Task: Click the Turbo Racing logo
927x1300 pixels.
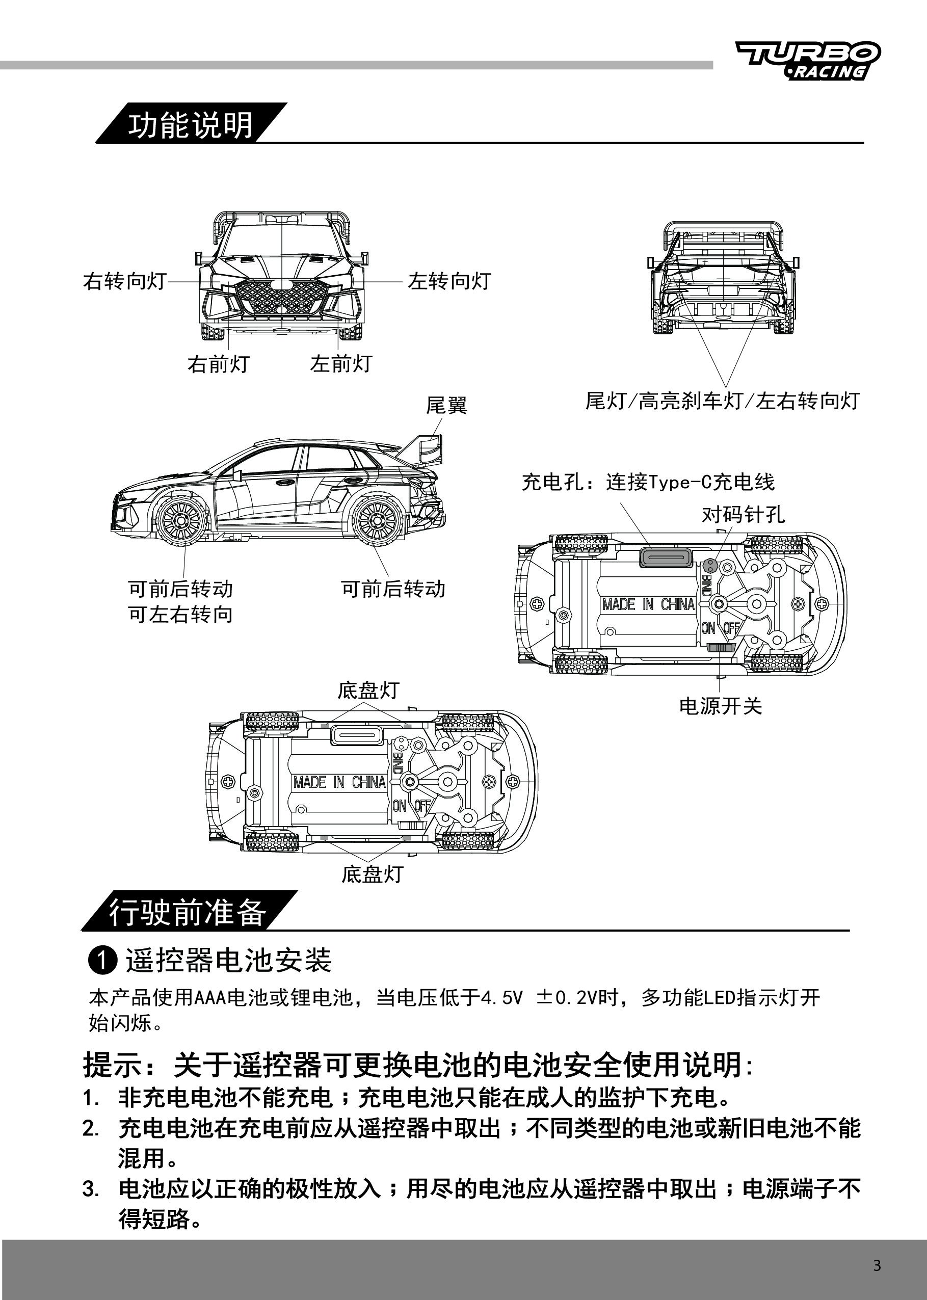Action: coord(808,61)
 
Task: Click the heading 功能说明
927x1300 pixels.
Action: coord(190,125)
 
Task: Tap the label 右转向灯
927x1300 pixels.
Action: coord(124,281)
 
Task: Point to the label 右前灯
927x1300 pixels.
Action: coord(219,363)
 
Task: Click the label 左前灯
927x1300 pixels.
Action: coord(341,363)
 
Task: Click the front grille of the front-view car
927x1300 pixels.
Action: coord(282,297)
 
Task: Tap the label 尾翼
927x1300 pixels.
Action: coord(446,405)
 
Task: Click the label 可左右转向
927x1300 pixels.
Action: coord(180,615)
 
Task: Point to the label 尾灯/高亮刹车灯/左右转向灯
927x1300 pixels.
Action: coord(723,401)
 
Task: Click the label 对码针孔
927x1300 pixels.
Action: coord(743,515)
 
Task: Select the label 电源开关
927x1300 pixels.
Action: coord(721,706)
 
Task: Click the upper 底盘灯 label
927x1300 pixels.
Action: coord(368,690)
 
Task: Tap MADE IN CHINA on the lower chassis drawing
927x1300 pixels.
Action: coord(339,782)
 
